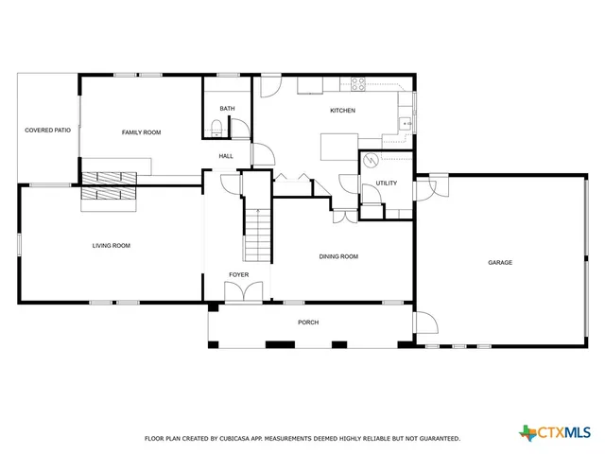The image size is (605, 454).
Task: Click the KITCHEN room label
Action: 342,111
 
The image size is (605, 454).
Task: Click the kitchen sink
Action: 406,121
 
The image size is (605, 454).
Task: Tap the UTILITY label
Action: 387,183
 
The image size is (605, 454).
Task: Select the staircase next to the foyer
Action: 257,233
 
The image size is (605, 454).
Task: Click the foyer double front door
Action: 238,294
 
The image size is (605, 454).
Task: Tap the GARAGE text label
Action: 500,262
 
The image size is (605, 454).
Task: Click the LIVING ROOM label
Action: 111,246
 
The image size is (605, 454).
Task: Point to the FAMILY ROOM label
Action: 141,132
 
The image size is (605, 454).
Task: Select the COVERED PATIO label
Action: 47,130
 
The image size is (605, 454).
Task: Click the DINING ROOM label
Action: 338,256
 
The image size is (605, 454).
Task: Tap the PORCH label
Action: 308,323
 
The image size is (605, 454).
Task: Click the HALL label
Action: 226,156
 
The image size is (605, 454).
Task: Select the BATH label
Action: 227,109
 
